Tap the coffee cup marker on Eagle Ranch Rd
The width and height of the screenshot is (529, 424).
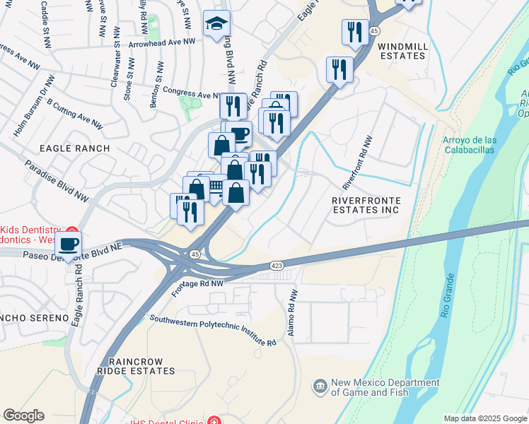point(69,245)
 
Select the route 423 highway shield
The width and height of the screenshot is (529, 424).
point(277,265)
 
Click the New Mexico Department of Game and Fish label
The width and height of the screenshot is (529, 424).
point(386,387)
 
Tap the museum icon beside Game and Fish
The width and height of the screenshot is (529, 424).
point(320,386)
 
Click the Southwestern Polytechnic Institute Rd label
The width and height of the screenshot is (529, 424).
point(212,329)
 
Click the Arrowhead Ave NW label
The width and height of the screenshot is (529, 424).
point(162,43)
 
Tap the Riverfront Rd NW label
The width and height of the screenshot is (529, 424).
point(357,163)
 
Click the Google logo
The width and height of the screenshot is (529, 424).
point(23,416)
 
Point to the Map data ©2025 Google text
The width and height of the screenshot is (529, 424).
point(484,418)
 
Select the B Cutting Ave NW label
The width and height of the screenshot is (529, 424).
point(74,114)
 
